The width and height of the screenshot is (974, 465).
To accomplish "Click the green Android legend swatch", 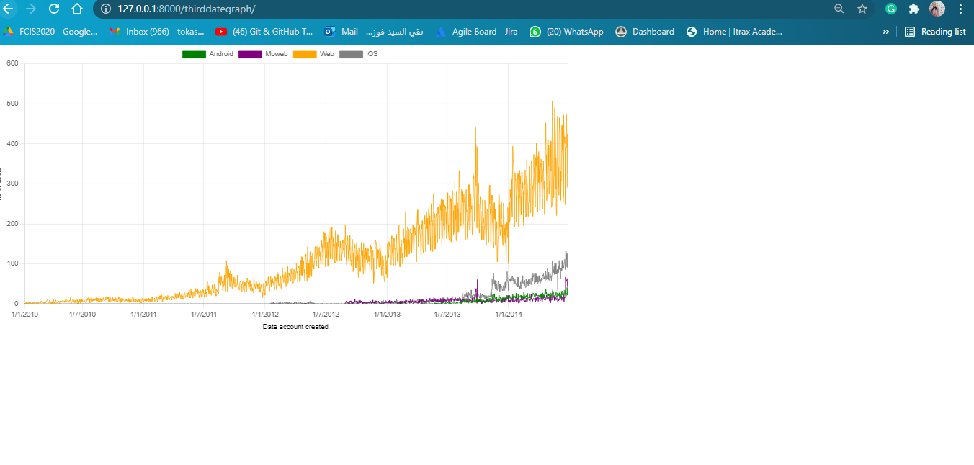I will [194, 55].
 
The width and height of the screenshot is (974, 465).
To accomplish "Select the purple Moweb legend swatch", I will [250, 55].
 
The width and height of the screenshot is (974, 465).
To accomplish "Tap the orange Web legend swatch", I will [305, 55].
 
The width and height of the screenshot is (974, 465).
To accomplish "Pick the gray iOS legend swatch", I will [351, 55].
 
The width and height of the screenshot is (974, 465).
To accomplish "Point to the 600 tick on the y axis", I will [12, 63].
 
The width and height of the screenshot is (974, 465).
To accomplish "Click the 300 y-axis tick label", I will [12, 184].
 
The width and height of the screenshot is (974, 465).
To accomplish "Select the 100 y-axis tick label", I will [12, 263].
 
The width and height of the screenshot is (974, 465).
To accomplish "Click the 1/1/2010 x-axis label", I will [25, 315].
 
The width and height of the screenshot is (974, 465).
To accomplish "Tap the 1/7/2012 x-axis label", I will [326, 315].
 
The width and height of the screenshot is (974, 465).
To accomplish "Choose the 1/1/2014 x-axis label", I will [509, 315].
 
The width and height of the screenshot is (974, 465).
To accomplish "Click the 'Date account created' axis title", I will [295, 327].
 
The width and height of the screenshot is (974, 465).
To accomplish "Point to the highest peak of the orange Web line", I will [553, 102].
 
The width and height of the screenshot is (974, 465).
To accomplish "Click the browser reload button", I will [54, 9].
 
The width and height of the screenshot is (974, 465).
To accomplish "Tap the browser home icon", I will [77, 9].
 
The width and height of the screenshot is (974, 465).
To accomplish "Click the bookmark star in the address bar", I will [862, 9].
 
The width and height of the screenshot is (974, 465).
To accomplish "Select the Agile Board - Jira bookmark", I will [476, 32].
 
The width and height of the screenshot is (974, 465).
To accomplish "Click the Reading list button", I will [935, 32].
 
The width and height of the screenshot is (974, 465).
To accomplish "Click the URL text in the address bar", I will [186, 9].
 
